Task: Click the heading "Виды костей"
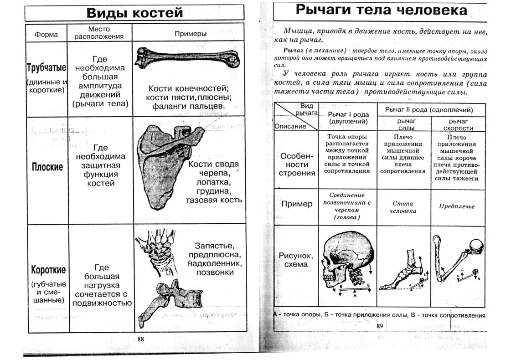pyautogui.click(x=134, y=12)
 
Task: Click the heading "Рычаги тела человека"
pyautogui.click(x=381, y=10)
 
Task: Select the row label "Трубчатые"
pyautogui.click(x=46, y=68)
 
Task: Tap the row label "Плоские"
pyautogui.click(x=47, y=167)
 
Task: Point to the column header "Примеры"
pyautogui.click(x=191, y=34)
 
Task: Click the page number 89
pyautogui.click(x=380, y=325)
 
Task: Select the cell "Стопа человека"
pyautogui.click(x=404, y=208)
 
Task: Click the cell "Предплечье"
pyautogui.click(x=457, y=206)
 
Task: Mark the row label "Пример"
pyautogui.click(x=297, y=204)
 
